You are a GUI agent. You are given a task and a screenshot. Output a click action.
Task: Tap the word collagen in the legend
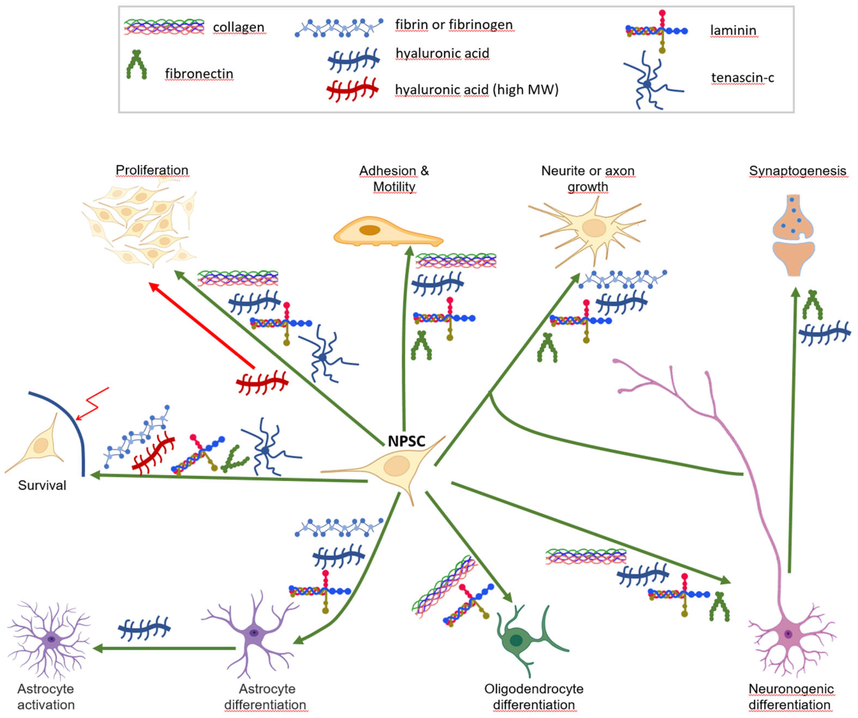239,27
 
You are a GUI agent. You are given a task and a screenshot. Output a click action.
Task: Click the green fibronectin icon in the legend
136,65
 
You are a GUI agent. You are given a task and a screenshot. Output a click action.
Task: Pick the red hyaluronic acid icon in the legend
352,89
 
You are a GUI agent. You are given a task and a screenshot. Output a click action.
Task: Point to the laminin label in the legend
733,30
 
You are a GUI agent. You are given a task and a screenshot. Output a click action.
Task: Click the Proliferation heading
152,170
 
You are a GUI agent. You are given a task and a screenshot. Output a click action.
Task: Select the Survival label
42,485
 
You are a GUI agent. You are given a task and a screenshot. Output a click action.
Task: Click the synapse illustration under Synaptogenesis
793,235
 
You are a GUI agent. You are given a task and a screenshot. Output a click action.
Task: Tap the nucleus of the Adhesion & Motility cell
370,230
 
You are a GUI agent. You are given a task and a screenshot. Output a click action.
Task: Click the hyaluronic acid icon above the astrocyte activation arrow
144,628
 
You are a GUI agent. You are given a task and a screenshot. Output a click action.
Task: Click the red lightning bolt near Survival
93,404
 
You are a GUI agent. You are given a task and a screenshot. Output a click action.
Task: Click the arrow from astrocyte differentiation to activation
163,648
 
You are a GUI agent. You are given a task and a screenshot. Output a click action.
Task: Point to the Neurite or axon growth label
588,179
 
